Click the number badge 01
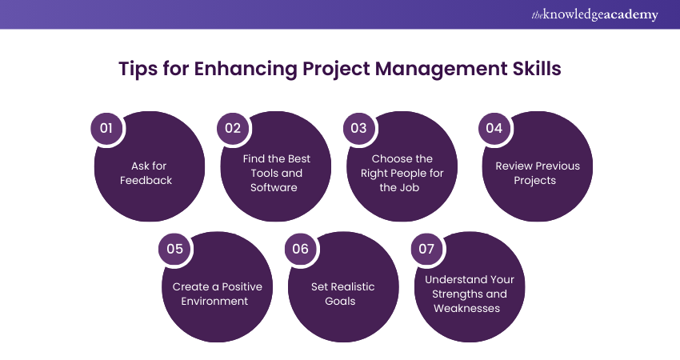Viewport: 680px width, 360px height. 106,128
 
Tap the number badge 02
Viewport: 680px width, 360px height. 232,128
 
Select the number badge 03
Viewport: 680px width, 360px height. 358,128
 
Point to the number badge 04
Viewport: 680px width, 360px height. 494,128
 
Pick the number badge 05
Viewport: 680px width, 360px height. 174,249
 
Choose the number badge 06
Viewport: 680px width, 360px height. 300,249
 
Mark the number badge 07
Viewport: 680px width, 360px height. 426,249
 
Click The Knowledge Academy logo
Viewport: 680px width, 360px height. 594,14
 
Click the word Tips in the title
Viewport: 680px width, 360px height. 138,69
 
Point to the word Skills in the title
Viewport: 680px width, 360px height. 535,69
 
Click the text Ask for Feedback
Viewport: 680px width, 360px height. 146,174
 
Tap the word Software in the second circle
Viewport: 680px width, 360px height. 273,188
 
